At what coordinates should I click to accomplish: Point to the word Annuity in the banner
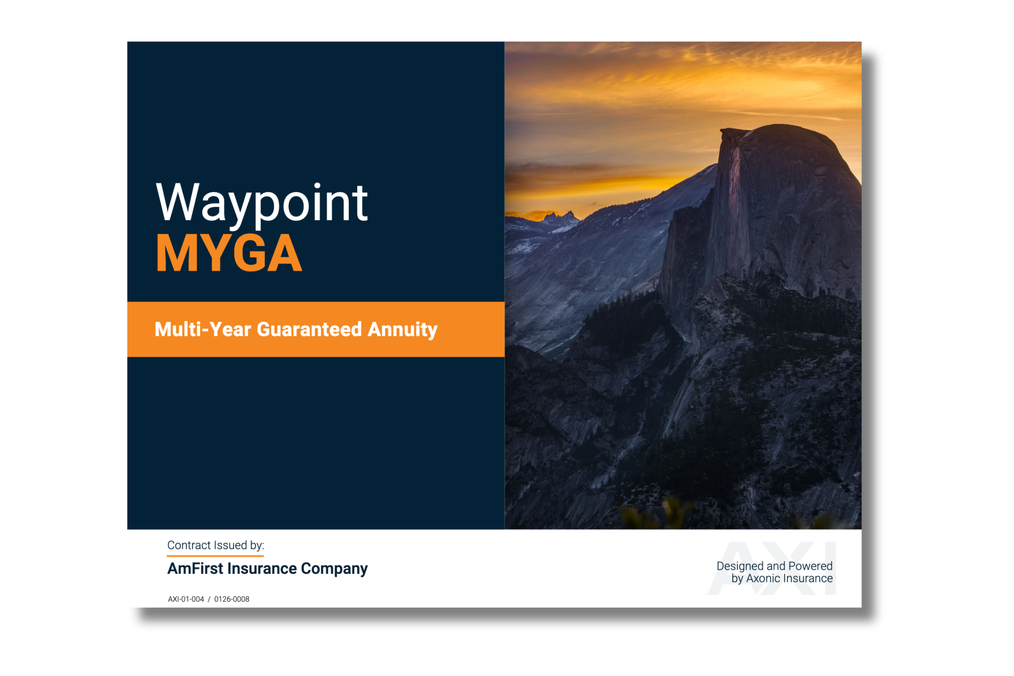[403, 330]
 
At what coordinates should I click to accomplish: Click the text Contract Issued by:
[216, 546]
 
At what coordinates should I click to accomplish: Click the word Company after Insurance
[334, 570]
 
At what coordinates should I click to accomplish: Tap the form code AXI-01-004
[186, 599]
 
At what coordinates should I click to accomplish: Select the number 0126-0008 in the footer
[232, 599]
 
